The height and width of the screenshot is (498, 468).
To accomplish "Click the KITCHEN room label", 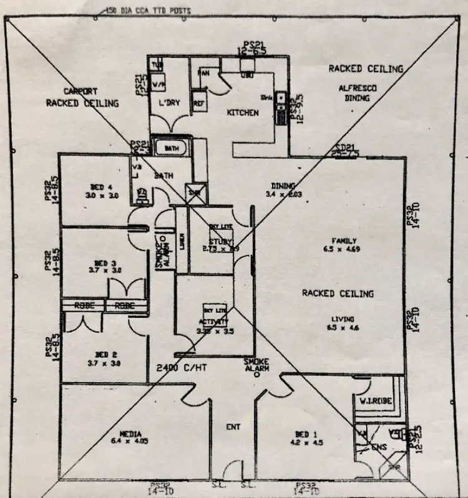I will coord(242,113).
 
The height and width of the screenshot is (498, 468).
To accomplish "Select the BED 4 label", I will coord(96,186).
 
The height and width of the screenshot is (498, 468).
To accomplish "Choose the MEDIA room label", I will coord(131,434).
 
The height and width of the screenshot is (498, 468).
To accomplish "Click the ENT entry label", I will coord(232,428).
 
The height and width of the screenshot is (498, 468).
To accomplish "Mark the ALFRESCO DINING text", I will coord(358,93).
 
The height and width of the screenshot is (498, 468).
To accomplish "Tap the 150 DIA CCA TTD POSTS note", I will coord(149,11).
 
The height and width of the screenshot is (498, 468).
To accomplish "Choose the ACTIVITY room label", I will coord(214,322).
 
